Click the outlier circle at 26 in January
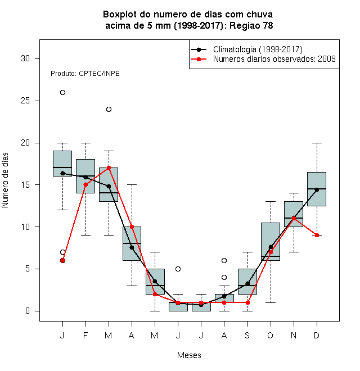(62, 93)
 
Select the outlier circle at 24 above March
(109, 109)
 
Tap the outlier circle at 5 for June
(178, 269)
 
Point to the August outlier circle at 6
(224, 260)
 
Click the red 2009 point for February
(85, 184)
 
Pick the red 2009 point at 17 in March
(109, 168)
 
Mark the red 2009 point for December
(317, 235)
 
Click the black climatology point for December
(317, 189)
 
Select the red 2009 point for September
(247, 302)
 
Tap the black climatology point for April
(132, 248)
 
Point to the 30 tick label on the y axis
(25, 58)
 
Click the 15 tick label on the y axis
(25, 184)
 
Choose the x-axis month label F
(85, 335)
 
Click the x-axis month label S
(247, 335)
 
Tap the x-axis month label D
(317, 335)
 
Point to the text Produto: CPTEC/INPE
(85, 74)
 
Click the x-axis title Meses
(189, 355)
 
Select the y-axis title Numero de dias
(5, 180)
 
